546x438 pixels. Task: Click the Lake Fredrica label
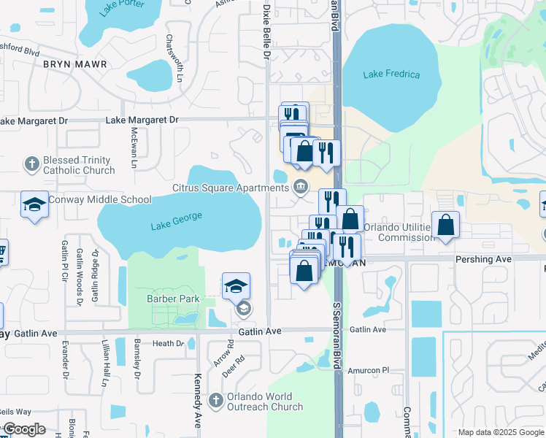[x=391, y=74]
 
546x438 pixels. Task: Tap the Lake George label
[x=176, y=220]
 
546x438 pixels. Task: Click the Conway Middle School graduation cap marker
[x=34, y=206]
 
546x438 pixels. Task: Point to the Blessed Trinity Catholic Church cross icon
[x=31, y=164]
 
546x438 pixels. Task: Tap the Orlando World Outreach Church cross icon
[x=215, y=400]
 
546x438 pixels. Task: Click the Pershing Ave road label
[x=483, y=259]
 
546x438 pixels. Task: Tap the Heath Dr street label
[x=168, y=343]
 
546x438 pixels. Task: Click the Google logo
[x=24, y=429]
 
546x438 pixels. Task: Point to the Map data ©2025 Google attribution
[x=501, y=432]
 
